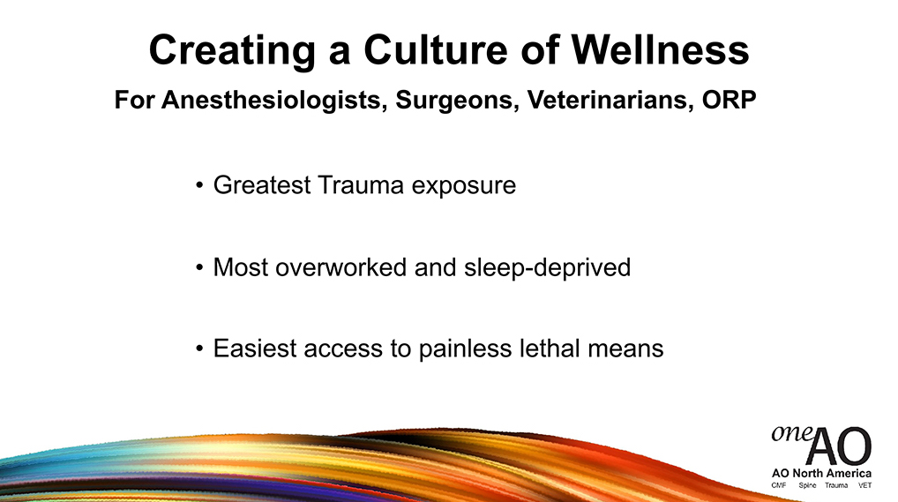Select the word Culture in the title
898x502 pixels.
point(435,50)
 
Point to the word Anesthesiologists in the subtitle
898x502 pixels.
point(271,101)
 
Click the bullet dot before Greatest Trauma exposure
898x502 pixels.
point(199,185)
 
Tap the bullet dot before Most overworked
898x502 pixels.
point(199,267)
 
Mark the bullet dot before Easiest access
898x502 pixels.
point(199,348)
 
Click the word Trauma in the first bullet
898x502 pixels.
point(360,185)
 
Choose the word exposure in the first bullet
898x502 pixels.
point(464,187)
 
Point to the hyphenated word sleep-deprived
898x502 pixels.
point(547,268)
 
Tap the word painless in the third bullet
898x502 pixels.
point(465,349)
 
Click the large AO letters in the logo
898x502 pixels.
point(839,446)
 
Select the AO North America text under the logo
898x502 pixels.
point(821,474)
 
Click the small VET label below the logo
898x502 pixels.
point(864,485)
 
